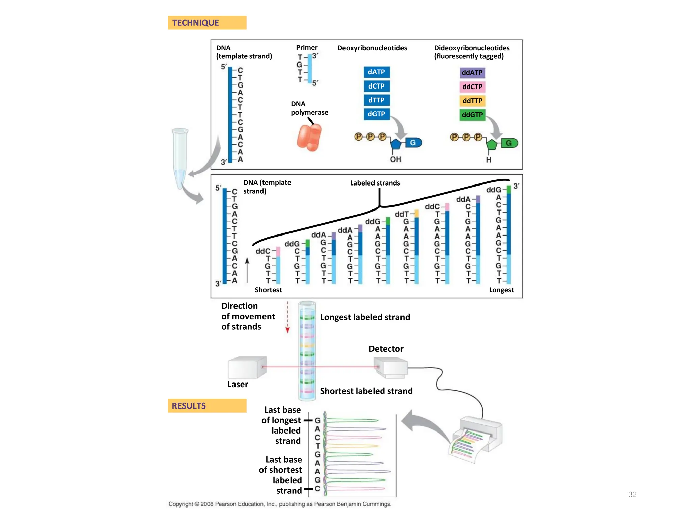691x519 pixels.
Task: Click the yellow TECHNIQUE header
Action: tap(207, 23)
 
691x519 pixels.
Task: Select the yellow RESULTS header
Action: tap(207, 405)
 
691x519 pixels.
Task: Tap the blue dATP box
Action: tap(377, 72)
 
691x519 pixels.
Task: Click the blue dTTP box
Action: tap(377, 100)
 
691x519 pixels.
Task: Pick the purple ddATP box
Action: tap(472, 73)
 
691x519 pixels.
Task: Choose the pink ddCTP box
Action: tap(472, 87)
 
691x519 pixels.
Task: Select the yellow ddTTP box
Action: tap(472, 101)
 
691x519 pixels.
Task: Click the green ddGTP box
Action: tap(472, 115)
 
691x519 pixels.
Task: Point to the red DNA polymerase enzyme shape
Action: tap(309, 138)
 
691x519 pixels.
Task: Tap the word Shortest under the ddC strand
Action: tap(268, 290)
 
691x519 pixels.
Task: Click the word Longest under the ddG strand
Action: tap(501, 290)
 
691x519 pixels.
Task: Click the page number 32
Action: tap(632, 494)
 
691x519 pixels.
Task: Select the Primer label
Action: tap(307, 47)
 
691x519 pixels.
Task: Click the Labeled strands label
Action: tap(375, 183)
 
